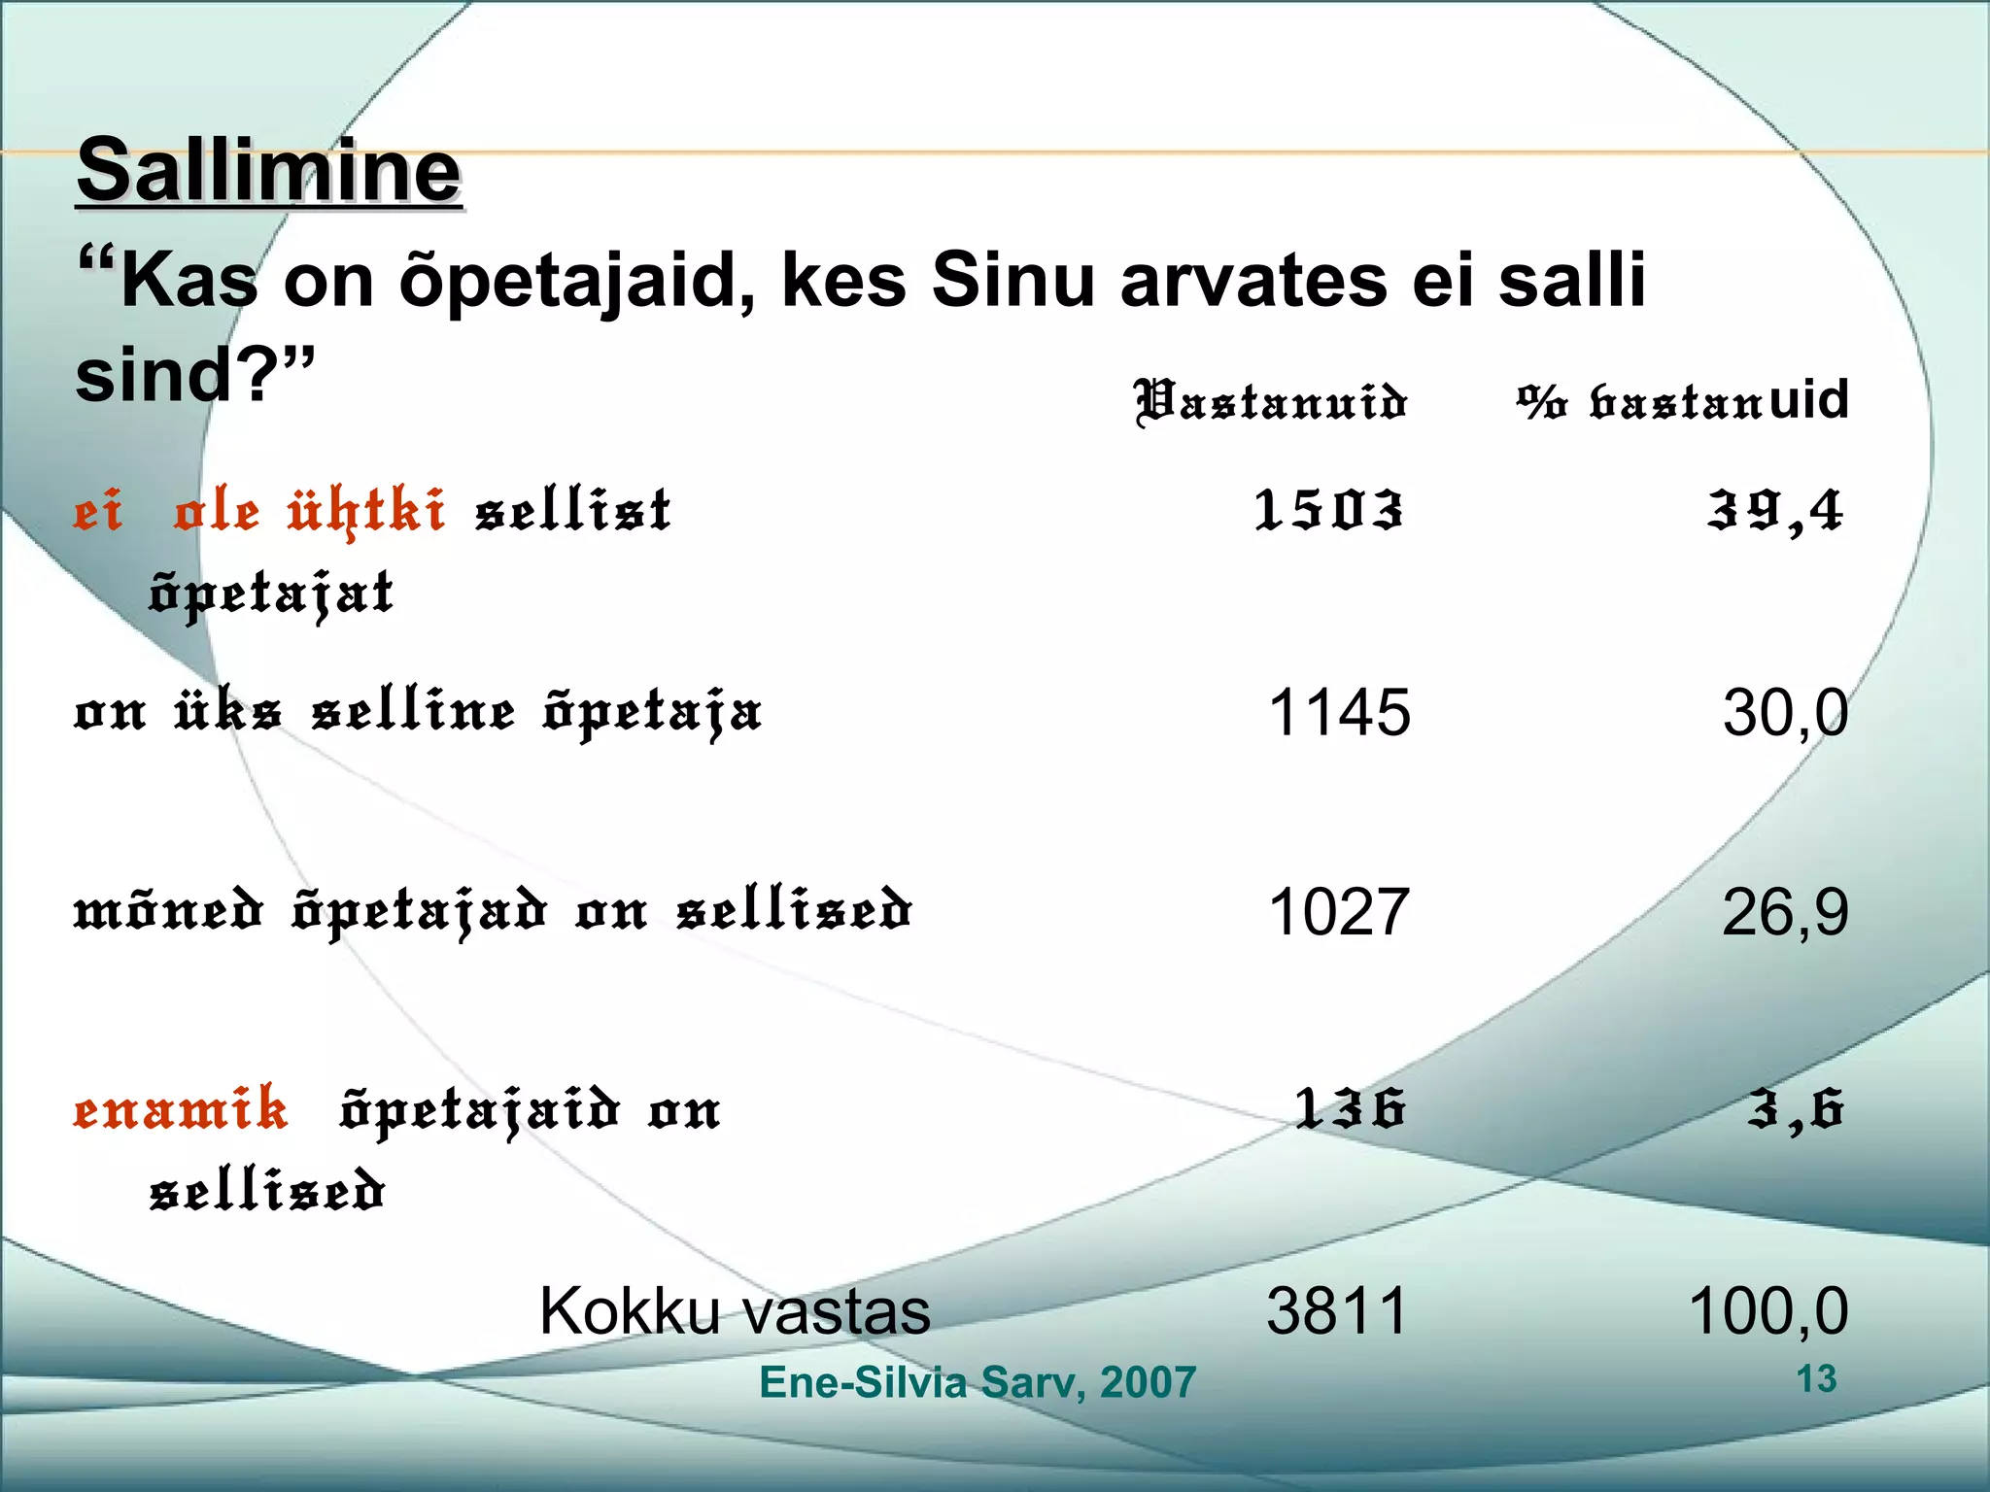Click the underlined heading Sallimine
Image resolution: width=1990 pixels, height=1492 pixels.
(x=268, y=171)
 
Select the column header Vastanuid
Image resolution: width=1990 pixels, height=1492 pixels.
(x=1271, y=402)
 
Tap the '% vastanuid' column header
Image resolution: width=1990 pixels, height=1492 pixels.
(x=1682, y=400)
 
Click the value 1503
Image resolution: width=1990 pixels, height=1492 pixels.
(x=1328, y=511)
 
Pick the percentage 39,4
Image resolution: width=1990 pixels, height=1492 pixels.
(x=1774, y=511)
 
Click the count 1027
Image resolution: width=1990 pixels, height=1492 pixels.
(x=1339, y=912)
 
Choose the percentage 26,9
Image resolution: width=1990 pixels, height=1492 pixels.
(x=1784, y=912)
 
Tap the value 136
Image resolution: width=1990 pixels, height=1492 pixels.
(x=1350, y=1108)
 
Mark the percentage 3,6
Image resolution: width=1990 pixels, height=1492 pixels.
(x=1795, y=1108)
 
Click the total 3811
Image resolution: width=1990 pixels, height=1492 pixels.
(x=1337, y=1311)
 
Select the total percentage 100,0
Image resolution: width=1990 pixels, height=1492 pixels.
(x=1767, y=1311)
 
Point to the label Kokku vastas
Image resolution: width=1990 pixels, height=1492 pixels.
(x=735, y=1311)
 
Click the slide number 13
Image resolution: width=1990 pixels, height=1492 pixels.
(x=1816, y=1379)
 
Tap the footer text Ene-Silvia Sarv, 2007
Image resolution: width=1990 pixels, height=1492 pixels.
(x=977, y=1382)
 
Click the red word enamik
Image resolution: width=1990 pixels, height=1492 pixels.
(x=181, y=1108)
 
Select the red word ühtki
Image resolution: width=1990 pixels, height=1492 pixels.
(x=366, y=511)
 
